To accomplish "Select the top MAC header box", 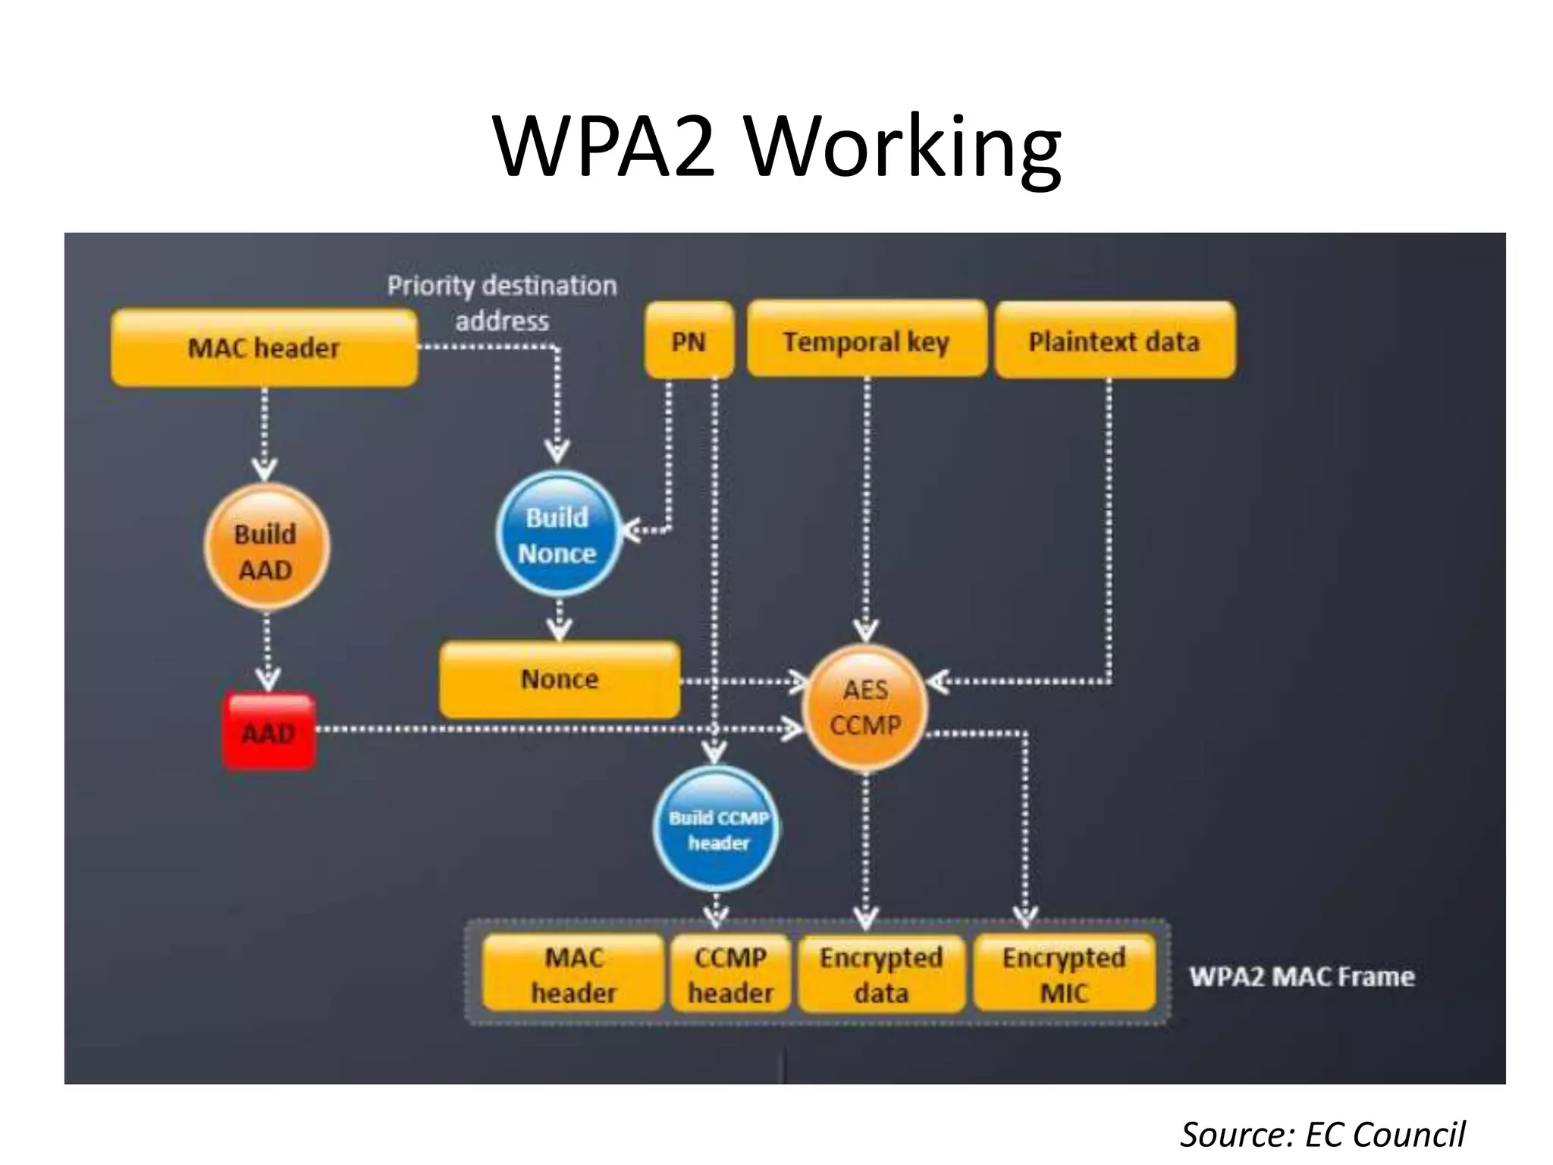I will (x=264, y=348).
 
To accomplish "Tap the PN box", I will (x=689, y=341).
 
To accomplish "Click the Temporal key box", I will (x=866, y=341).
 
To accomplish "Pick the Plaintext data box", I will (x=1114, y=341).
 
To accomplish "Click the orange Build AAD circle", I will (x=266, y=548).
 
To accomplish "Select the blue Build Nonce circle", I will (x=558, y=534).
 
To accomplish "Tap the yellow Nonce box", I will (x=560, y=679).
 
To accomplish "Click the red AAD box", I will (x=268, y=732).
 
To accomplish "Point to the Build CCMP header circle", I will (x=717, y=829).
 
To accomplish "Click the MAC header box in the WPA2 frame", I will (x=573, y=974).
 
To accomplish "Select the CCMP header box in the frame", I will (x=730, y=974).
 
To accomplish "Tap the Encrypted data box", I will (x=881, y=974).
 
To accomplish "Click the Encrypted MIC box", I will (x=1064, y=974).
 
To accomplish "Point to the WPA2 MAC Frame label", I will (x=1301, y=976).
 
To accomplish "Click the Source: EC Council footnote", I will (x=1322, y=1135).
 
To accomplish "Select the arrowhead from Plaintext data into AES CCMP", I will (x=937, y=681).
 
